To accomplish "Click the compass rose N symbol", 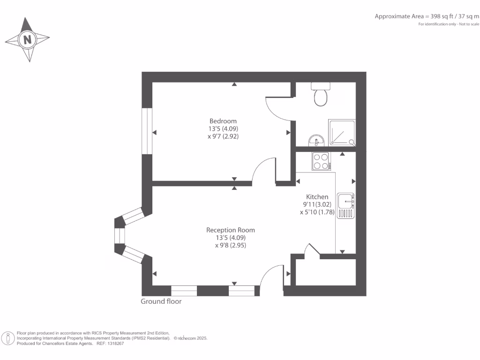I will [x=28, y=39].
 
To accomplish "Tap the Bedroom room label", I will [x=223, y=121].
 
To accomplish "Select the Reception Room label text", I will [x=231, y=230].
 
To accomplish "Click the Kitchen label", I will [x=317, y=197].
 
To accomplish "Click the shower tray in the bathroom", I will [x=342, y=132].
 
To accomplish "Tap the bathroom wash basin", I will [x=316, y=140].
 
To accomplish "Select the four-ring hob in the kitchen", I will [x=320, y=162].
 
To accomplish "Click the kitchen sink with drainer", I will [x=347, y=206].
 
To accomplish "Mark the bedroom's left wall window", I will [x=147, y=131].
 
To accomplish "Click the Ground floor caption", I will [x=161, y=301].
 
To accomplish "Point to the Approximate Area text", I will [x=427, y=16].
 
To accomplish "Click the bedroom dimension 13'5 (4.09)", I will [x=223, y=128].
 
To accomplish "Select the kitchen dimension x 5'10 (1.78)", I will [x=317, y=212].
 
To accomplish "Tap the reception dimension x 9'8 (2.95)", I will [x=231, y=245].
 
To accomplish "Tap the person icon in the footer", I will [x=8, y=338].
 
